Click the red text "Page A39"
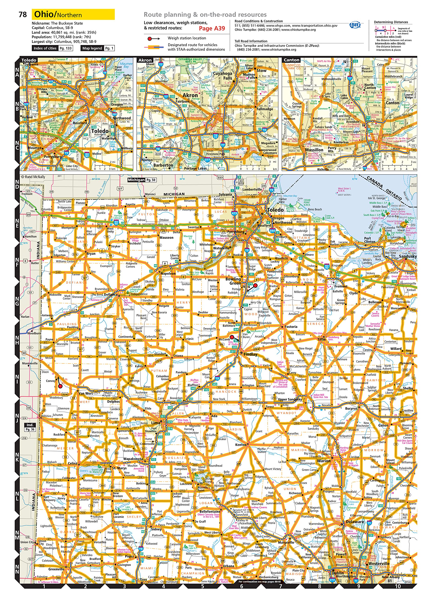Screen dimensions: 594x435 (x=212, y=28)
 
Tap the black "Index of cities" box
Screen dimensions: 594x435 (x=45, y=48)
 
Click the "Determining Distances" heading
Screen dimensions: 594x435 (x=391, y=22)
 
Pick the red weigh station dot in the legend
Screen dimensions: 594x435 (x=150, y=39)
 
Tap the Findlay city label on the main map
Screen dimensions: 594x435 (x=250, y=354)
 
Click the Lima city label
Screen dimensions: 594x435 (x=156, y=423)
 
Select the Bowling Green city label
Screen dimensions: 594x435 (x=233, y=281)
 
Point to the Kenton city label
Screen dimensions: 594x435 (x=241, y=445)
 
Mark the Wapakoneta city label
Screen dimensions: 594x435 (x=133, y=459)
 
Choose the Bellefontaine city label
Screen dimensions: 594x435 (x=210, y=511)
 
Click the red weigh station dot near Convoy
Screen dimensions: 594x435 (x=60, y=386)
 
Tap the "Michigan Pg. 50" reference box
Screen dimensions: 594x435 (x=142, y=180)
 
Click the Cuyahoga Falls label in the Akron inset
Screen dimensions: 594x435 (x=223, y=76)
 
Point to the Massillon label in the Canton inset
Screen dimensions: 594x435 (x=314, y=150)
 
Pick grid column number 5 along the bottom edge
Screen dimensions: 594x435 (x=202, y=586)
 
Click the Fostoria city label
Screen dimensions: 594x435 (x=291, y=326)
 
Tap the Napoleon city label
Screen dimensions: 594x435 (x=168, y=274)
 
